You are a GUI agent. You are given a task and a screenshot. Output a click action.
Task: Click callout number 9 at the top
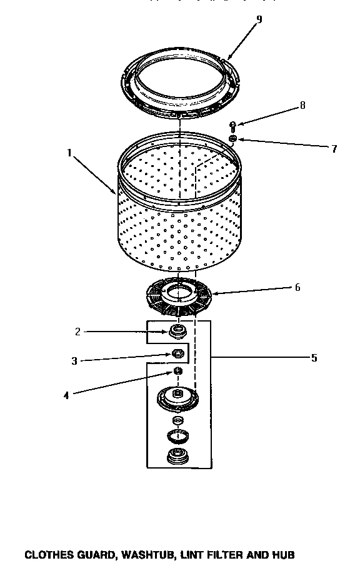tap(259, 19)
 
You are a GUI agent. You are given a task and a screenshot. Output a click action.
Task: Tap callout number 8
tap(302, 105)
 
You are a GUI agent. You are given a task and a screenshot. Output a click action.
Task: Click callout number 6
tap(297, 287)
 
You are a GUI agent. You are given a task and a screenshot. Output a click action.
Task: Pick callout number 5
tap(313, 358)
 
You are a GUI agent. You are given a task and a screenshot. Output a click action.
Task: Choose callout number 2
tap(77, 332)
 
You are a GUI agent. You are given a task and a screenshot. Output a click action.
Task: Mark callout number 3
tap(74, 361)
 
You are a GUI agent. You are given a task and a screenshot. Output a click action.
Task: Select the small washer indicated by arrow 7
tap(232, 138)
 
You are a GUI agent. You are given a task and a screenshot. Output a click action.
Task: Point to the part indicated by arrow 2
tap(177, 330)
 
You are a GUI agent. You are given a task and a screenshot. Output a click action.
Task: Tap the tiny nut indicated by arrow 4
tap(177, 372)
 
